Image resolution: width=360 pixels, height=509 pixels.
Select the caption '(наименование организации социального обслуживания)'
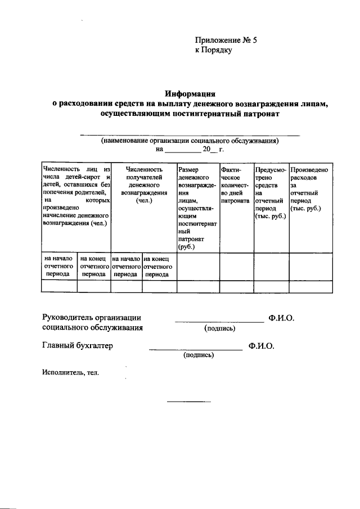pyautogui.click(x=190, y=141)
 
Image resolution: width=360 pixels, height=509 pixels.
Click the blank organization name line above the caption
pyautogui.click(x=190, y=135)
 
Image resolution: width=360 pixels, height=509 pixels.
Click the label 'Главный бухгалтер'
pyautogui.click(x=78, y=346)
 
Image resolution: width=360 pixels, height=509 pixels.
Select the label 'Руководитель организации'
pyautogui.click(x=92, y=318)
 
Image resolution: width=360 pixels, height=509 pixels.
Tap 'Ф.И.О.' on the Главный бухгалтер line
pyautogui.click(x=261, y=346)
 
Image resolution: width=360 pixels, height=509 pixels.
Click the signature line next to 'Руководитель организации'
pyautogui.click(x=219, y=321)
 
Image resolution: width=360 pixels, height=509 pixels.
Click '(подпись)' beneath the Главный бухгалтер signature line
pyautogui.click(x=196, y=355)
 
